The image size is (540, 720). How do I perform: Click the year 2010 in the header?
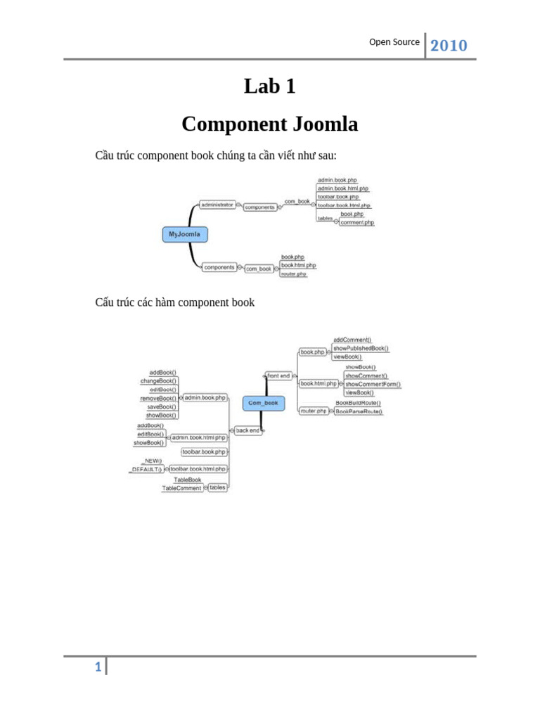coord(449,46)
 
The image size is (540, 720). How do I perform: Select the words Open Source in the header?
coord(394,42)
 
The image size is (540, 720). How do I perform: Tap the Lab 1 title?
coord(269,86)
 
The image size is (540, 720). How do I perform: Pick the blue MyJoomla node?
coord(185,233)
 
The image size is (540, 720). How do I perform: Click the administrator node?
coord(217,205)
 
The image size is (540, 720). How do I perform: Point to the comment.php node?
coord(357,222)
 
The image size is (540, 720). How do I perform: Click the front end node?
coord(278,375)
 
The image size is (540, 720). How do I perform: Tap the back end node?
coord(247,430)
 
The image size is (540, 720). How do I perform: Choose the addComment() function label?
coord(352,340)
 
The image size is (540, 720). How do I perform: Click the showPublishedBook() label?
coord(361,348)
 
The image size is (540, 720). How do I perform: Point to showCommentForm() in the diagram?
coord(373,385)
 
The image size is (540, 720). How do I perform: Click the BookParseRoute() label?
coord(359,411)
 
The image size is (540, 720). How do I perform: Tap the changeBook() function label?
coord(158,380)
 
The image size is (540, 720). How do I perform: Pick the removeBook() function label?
coord(158,398)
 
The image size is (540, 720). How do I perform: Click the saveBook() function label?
coord(161,406)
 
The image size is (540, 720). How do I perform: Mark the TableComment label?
coord(182,488)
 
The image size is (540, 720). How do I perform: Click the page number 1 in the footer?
coord(99,667)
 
